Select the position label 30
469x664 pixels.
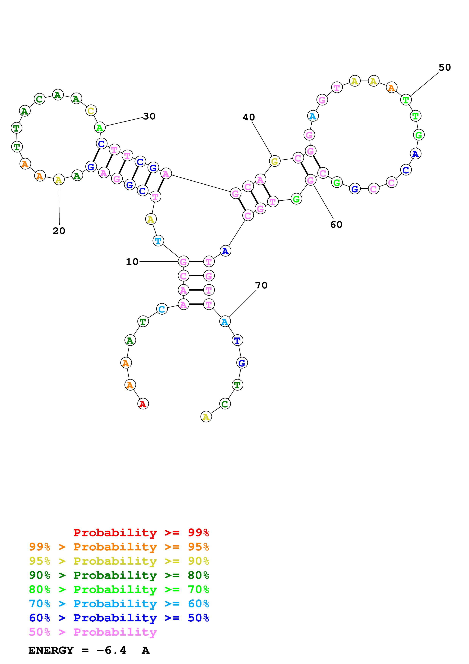coord(149,116)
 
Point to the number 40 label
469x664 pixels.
coord(249,117)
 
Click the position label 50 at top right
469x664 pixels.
coord(445,67)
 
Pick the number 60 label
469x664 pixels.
coord(336,224)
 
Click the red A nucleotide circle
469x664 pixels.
coord(143,404)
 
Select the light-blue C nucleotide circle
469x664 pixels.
coord(162,309)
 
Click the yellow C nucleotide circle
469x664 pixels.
coord(91,111)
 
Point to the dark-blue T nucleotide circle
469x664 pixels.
coord(237,340)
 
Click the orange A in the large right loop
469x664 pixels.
coord(392,87)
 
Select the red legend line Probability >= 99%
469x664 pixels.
coord(141,533)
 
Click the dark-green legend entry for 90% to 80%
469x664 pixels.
coord(119,575)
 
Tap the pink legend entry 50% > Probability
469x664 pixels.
coord(93,632)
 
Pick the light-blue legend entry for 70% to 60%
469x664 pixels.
coord(119,604)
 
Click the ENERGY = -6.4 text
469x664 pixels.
coord(77,650)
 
